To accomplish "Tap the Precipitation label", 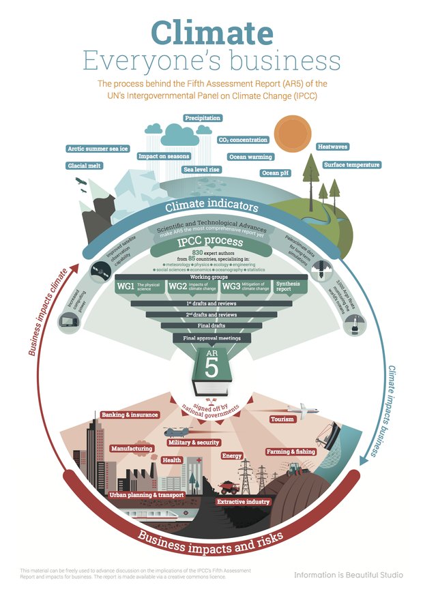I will click(x=203, y=118).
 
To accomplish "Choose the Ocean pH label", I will click(x=276, y=173).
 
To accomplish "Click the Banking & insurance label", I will click(x=130, y=415).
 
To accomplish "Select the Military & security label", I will click(x=193, y=443).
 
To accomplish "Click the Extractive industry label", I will click(x=244, y=502).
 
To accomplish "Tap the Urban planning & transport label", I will click(x=146, y=494).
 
